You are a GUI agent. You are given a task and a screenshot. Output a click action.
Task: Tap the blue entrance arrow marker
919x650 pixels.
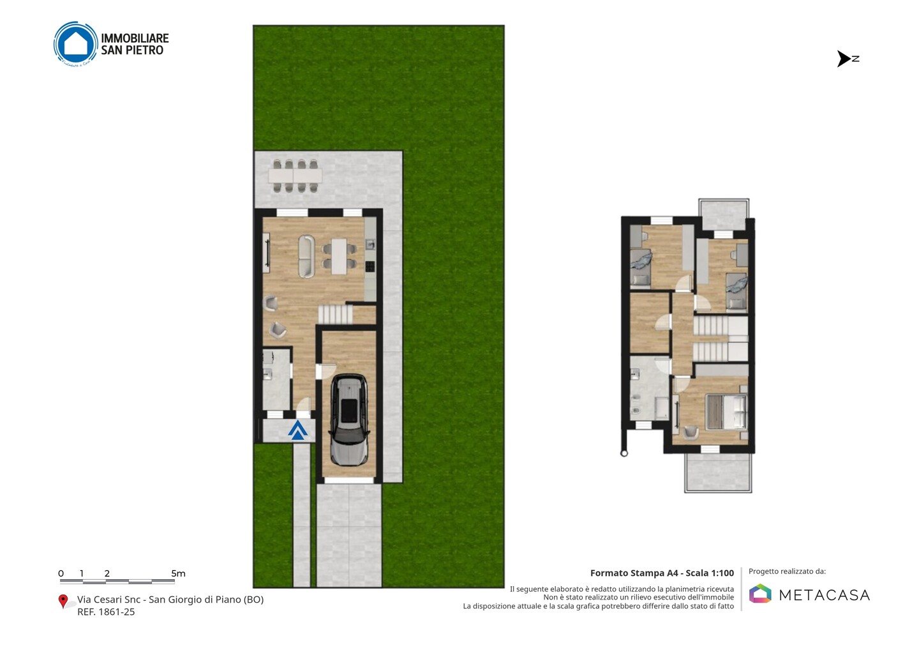(x=297, y=431)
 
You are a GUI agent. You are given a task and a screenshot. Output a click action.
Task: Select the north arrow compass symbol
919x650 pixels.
(x=848, y=59)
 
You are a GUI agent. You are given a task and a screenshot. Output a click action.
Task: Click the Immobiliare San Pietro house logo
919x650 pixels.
(x=75, y=44)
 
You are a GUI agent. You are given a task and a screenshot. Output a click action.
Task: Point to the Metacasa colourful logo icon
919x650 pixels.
(x=760, y=593)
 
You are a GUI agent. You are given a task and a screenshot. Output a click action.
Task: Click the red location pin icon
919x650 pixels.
(x=63, y=601)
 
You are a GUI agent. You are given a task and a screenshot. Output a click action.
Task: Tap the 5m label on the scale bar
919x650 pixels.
(x=179, y=573)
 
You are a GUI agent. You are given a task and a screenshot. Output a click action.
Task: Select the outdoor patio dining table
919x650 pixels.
(x=295, y=176)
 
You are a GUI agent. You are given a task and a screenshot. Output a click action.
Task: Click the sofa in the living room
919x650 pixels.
(x=306, y=256)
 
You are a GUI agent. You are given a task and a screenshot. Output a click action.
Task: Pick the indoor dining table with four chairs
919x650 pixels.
(x=340, y=256)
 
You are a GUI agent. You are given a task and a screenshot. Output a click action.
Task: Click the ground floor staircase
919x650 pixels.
(x=336, y=314)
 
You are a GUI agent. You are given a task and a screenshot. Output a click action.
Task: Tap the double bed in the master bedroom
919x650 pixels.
(x=726, y=412)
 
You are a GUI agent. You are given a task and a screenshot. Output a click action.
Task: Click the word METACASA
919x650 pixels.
(x=825, y=595)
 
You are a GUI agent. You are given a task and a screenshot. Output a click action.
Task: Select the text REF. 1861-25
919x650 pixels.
(x=106, y=612)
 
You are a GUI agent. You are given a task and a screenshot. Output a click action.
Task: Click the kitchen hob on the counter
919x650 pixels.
(x=370, y=267)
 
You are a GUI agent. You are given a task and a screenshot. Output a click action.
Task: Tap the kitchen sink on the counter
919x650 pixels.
(x=370, y=244)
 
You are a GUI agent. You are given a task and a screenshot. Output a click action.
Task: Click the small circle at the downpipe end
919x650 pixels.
(x=624, y=453)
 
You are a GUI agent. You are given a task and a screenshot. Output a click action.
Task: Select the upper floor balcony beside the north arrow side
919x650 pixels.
(x=724, y=214)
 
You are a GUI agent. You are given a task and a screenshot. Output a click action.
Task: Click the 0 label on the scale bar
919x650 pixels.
(x=61, y=573)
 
